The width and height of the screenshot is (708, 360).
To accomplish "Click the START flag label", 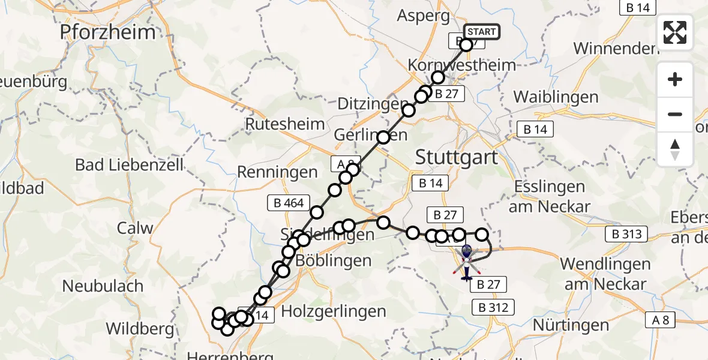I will (481, 32).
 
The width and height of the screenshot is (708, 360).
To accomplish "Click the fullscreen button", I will (675, 32).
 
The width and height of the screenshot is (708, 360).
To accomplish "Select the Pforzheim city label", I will (107, 32).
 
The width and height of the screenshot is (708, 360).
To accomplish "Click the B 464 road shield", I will (289, 203).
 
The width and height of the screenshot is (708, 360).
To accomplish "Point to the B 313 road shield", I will (627, 235).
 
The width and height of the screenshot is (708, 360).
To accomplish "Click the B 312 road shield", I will (494, 308).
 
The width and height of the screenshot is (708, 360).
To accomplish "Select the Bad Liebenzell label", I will (130, 165).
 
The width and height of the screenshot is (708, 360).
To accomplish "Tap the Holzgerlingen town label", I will (334, 311).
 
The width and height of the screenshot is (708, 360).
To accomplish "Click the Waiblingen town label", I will (556, 97).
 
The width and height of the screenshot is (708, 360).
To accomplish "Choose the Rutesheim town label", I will (285, 125).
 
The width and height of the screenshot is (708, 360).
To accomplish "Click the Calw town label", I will (135, 229).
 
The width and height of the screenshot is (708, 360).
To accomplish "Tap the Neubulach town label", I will (103, 286).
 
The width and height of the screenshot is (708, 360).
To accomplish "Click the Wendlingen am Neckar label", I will (605, 273).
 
